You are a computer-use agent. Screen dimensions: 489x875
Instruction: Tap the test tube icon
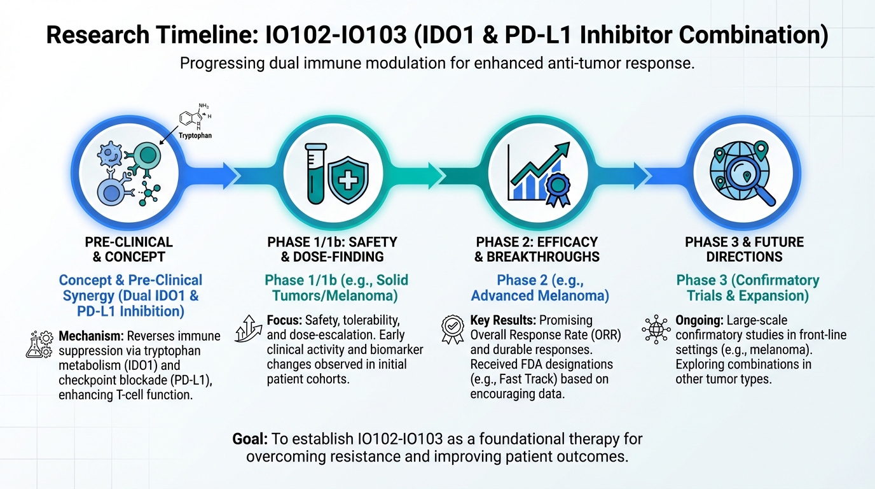[315, 173]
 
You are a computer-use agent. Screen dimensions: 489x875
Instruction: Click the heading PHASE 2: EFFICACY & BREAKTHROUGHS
[537, 250]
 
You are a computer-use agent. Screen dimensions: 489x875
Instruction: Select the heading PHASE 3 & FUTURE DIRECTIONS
[744, 250]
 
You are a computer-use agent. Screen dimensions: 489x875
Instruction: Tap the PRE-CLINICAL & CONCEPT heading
[129, 250]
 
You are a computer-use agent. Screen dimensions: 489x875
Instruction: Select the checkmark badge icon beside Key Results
[453, 329]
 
